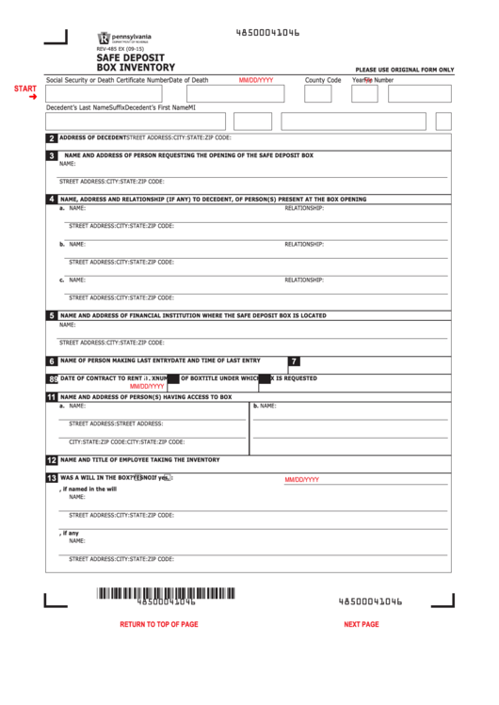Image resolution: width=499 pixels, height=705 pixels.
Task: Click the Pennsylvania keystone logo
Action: point(103,38)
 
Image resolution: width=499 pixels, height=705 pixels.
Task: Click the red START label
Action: point(25,88)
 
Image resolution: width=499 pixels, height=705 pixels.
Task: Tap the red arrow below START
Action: point(33,97)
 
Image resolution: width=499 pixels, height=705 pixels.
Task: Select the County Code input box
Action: point(318,94)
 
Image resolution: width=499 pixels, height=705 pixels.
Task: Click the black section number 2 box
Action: point(52,138)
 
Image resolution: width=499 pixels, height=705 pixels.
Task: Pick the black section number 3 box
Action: point(52,155)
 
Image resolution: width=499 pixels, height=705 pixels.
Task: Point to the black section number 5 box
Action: point(52,316)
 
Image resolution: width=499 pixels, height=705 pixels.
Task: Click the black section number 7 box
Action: point(294,361)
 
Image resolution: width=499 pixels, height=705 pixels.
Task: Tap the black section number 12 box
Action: point(52,460)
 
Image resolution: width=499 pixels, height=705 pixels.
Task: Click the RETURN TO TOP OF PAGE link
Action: point(159,624)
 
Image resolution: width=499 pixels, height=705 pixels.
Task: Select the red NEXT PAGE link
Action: point(362,624)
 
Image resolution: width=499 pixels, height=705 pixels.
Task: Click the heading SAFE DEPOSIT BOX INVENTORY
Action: point(136,63)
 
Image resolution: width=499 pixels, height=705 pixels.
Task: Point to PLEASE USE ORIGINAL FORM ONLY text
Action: point(404,70)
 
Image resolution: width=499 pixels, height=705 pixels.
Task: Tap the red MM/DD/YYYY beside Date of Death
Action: point(256,81)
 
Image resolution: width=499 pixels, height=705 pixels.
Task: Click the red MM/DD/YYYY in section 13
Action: point(302,479)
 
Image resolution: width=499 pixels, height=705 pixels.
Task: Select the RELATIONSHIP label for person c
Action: point(304,280)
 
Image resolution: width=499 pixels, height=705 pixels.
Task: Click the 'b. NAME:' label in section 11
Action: point(264,406)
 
